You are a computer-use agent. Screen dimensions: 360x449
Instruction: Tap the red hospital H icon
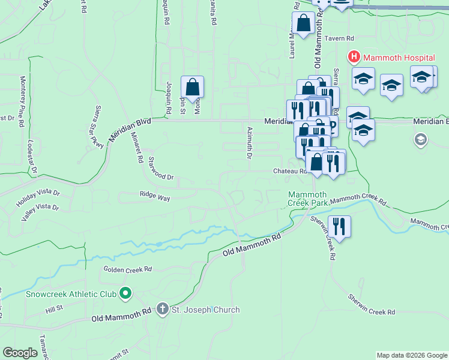(x=354, y=58)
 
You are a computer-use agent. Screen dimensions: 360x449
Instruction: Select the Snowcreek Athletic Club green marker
(x=125, y=294)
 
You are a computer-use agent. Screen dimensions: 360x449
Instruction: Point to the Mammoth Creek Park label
(x=307, y=199)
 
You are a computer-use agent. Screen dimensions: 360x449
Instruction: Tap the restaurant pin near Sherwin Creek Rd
(x=339, y=227)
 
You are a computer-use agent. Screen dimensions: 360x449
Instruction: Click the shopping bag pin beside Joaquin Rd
(x=192, y=88)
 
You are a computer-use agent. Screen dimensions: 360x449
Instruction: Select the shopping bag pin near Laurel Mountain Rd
(x=304, y=25)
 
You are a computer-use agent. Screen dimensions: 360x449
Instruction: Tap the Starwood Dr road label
(x=161, y=169)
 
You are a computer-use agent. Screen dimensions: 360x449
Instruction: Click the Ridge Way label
(x=155, y=196)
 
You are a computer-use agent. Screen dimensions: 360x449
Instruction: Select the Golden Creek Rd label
(x=128, y=270)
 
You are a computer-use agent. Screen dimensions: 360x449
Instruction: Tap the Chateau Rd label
(x=291, y=171)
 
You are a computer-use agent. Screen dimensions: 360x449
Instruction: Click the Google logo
(x=20, y=353)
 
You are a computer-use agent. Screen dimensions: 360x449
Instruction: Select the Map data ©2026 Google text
(x=411, y=355)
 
